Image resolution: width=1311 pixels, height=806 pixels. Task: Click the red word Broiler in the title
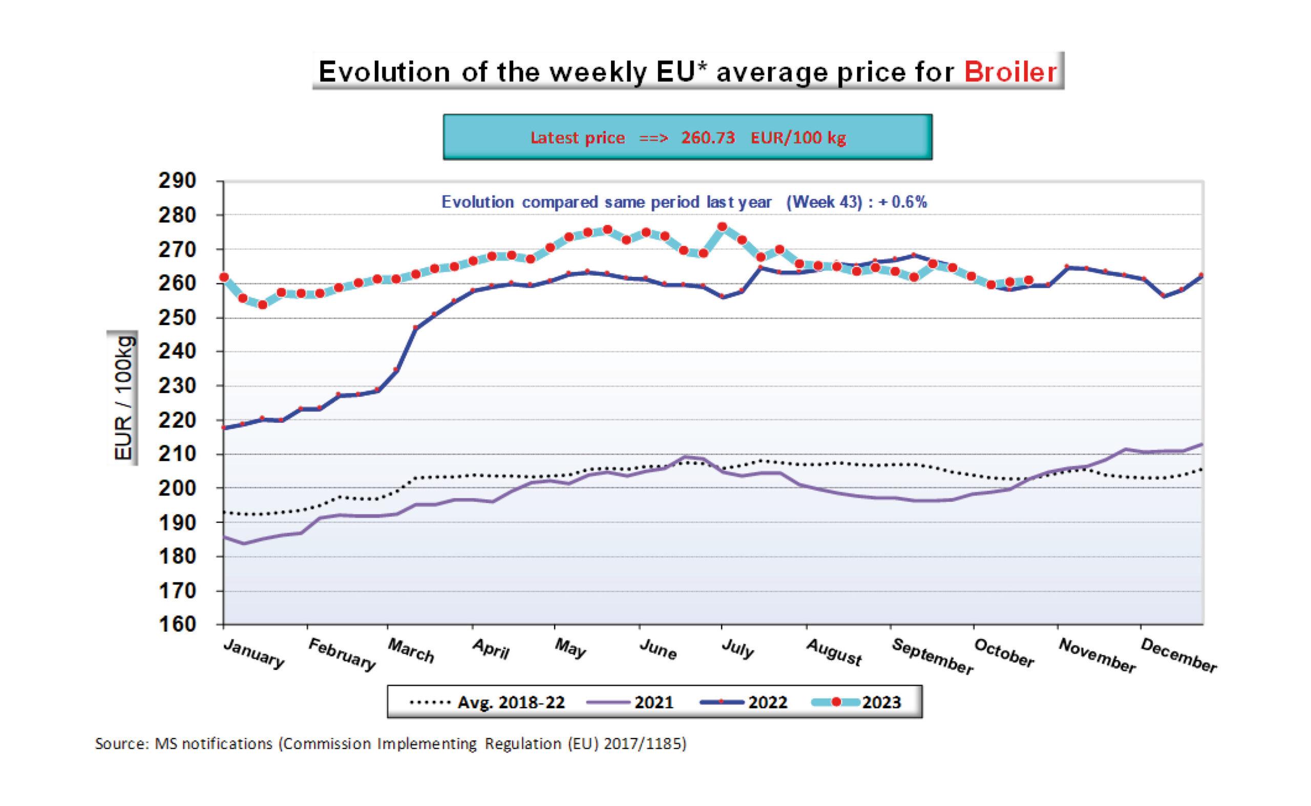click(x=1010, y=72)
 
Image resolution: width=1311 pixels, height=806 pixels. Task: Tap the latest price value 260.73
click(x=708, y=138)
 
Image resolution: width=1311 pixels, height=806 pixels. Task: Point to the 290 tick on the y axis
click(x=177, y=181)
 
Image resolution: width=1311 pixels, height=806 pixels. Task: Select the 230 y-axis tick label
click(x=177, y=385)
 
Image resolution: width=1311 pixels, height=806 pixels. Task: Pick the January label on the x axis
click(x=254, y=653)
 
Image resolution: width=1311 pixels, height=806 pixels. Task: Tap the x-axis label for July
click(x=737, y=649)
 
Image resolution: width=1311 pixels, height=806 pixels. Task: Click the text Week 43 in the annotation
click(x=824, y=203)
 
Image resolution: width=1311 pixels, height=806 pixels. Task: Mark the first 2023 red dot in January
click(x=224, y=277)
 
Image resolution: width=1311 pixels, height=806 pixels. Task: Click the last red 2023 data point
click(x=1029, y=280)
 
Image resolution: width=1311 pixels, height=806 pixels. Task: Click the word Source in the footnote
click(x=120, y=744)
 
